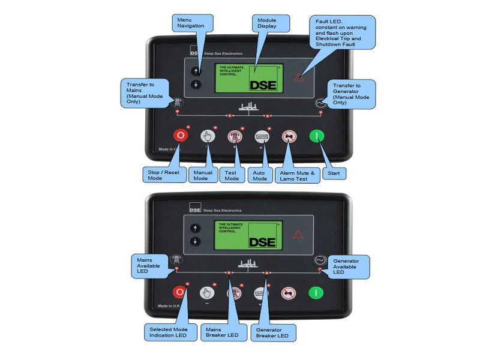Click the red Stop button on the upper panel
[181, 135]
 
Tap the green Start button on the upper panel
[316, 136]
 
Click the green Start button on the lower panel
[316, 293]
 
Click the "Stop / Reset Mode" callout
[164, 175]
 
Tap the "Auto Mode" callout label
[259, 175]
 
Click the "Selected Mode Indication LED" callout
[169, 332]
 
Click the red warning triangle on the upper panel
[298, 76]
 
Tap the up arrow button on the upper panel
[195, 71]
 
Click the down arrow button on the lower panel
[195, 241]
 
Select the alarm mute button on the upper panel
[289, 136]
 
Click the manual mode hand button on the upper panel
[208, 136]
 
